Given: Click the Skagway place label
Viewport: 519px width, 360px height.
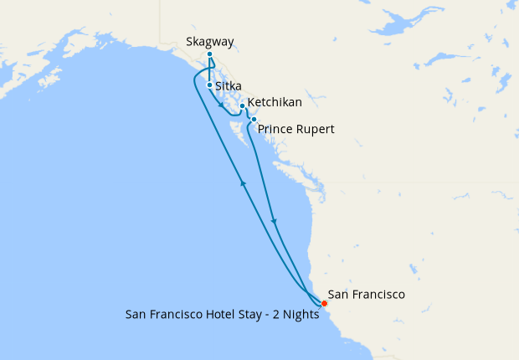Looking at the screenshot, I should tap(210, 41).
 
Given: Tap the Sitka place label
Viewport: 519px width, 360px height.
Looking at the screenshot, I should tap(229, 85).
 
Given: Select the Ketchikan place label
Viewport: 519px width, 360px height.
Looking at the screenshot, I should tap(275, 101).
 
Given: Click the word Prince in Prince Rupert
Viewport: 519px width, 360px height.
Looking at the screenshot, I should tap(277, 130).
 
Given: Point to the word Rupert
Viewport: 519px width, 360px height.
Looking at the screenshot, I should tap(317, 130).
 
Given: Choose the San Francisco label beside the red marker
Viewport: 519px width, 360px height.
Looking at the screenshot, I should tap(367, 295).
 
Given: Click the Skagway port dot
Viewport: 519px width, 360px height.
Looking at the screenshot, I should tap(209, 54).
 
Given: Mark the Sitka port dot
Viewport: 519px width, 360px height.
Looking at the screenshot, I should tap(209, 85).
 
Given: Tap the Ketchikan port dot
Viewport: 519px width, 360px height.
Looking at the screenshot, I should tap(242, 106).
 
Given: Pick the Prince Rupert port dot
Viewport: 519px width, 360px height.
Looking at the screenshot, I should tap(254, 120).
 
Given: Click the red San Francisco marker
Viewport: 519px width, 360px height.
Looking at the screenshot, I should tap(324, 303).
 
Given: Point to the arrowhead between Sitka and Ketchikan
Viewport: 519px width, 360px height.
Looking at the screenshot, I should tap(221, 106).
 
